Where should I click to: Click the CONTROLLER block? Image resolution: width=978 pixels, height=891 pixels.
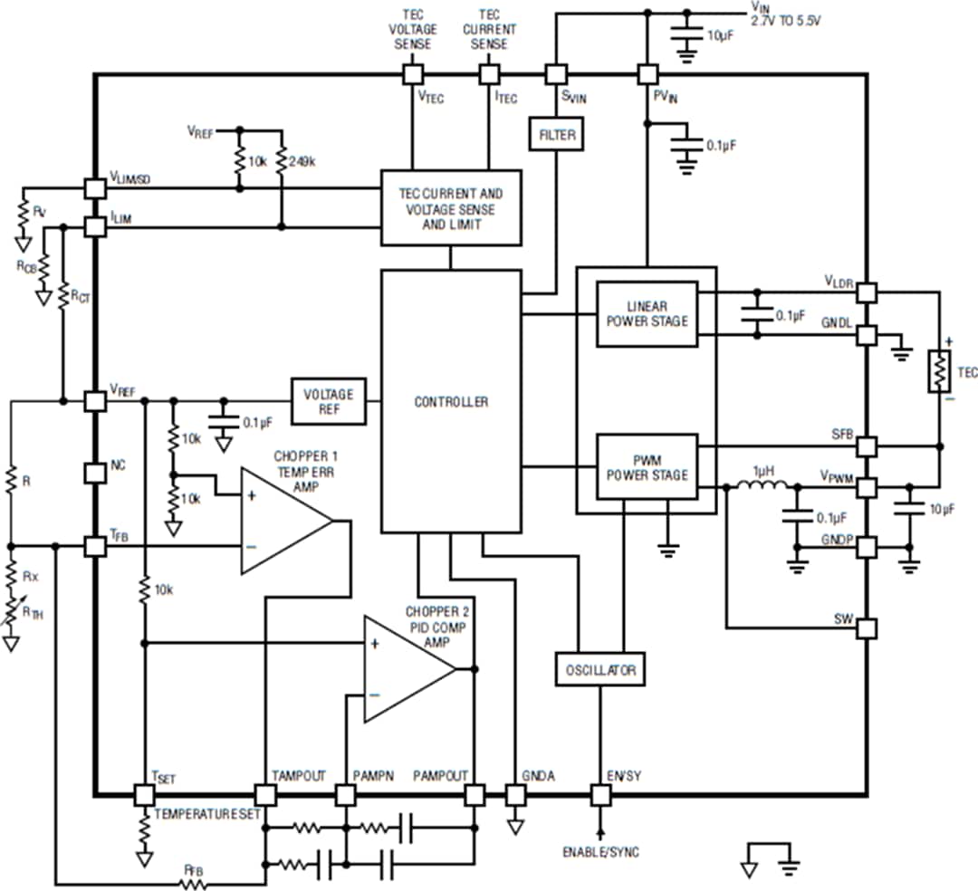point(451,401)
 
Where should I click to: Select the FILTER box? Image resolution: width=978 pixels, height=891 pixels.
point(556,135)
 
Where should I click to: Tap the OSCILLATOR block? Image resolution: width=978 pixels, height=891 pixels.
point(599,670)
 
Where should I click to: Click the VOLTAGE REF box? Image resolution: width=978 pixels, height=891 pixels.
point(329,401)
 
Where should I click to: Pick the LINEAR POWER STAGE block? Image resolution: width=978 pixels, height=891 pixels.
point(647,314)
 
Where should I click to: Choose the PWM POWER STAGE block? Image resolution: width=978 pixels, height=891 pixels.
point(647,467)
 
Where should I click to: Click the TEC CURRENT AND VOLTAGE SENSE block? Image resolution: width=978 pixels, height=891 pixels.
point(451,207)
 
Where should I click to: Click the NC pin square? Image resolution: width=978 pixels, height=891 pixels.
point(95,473)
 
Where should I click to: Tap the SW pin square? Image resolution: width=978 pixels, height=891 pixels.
point(867,628)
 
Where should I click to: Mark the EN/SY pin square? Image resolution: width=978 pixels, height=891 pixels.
point(599,796)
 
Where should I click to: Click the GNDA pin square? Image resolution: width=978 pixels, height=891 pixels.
point(515,796)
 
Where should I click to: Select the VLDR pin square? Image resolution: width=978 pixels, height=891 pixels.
point(867,292)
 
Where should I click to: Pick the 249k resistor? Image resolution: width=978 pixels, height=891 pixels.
point(281,162)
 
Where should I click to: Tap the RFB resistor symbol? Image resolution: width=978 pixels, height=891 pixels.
point(193,883)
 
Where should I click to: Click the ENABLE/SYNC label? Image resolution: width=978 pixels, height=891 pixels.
point(600,852)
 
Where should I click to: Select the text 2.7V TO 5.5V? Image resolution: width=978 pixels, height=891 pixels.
point(784,19)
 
